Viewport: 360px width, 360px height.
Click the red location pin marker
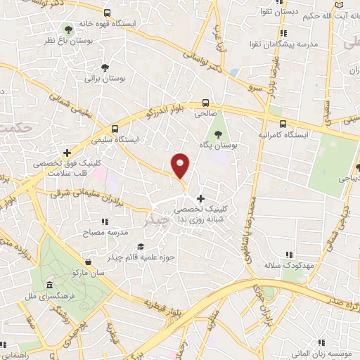click(x=181, y=166)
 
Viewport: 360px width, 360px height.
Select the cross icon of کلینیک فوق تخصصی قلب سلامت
click(x=67, y=152)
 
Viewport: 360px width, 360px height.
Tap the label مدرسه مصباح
click(x=105, y=231)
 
